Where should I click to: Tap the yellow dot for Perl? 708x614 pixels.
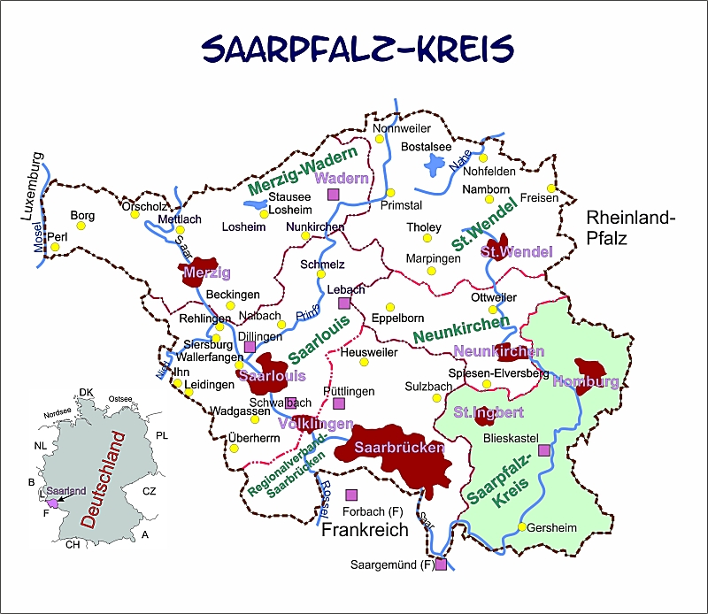pos(55,247)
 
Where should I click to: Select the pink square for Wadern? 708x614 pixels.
pos(334,194)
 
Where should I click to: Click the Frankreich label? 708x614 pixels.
pos(365,530)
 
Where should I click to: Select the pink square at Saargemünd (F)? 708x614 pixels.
pos(441,564)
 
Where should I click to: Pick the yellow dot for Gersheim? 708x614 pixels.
pos(522,527)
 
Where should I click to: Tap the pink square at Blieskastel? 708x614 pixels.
pos(543,450)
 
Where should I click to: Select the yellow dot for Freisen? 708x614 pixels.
pos(550,188)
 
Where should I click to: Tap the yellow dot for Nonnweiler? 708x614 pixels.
pos(381,139)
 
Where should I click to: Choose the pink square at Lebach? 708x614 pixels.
pos(344,303)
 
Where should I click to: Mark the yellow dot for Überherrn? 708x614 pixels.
pos(234,447)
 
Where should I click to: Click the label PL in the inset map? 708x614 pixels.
pos(161,436)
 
